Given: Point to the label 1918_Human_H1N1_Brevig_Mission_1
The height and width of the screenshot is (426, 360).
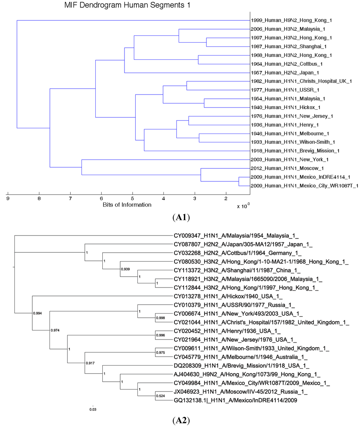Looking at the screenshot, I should coord(295,151).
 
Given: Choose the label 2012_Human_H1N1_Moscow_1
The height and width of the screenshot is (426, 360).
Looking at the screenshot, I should coord(287,168).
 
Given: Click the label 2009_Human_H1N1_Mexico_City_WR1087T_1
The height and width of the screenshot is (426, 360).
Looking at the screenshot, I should coord(304,186).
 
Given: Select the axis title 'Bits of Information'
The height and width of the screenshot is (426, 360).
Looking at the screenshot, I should coord(127,205).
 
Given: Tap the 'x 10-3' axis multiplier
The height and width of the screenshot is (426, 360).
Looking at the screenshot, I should coord(243,206).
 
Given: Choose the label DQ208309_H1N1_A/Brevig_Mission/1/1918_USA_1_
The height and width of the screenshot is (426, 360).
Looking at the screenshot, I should coord(242,366).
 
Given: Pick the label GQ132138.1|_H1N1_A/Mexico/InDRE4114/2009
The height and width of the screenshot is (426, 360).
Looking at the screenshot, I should coord(235,400).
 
